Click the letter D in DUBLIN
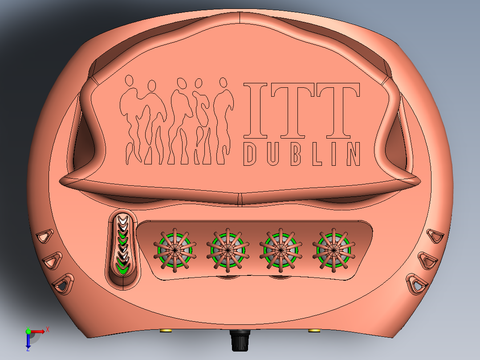pos(250,154)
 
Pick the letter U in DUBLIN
pos(273,154)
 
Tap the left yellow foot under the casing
pos(166,331)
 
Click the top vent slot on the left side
pos(45,236)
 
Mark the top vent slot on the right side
pos(435,236)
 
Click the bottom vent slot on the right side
pos(417,283)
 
